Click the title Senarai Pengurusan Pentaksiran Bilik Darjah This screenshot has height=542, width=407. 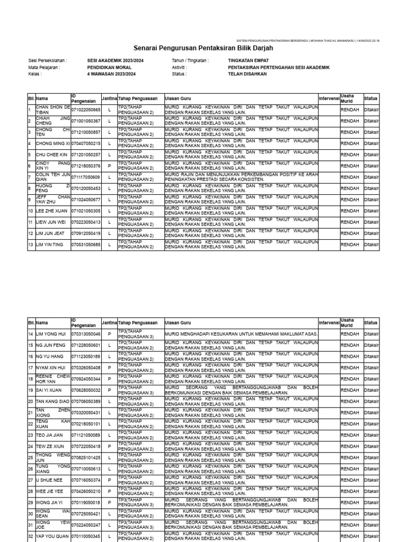203,48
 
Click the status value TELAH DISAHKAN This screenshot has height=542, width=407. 247,74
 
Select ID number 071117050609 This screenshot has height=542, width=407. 85,177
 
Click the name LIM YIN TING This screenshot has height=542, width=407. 49,245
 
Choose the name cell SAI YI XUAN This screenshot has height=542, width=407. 48,390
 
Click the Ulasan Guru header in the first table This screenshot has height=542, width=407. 178,98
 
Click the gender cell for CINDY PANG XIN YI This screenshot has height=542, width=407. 109,166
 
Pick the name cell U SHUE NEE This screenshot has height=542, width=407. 49,480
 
